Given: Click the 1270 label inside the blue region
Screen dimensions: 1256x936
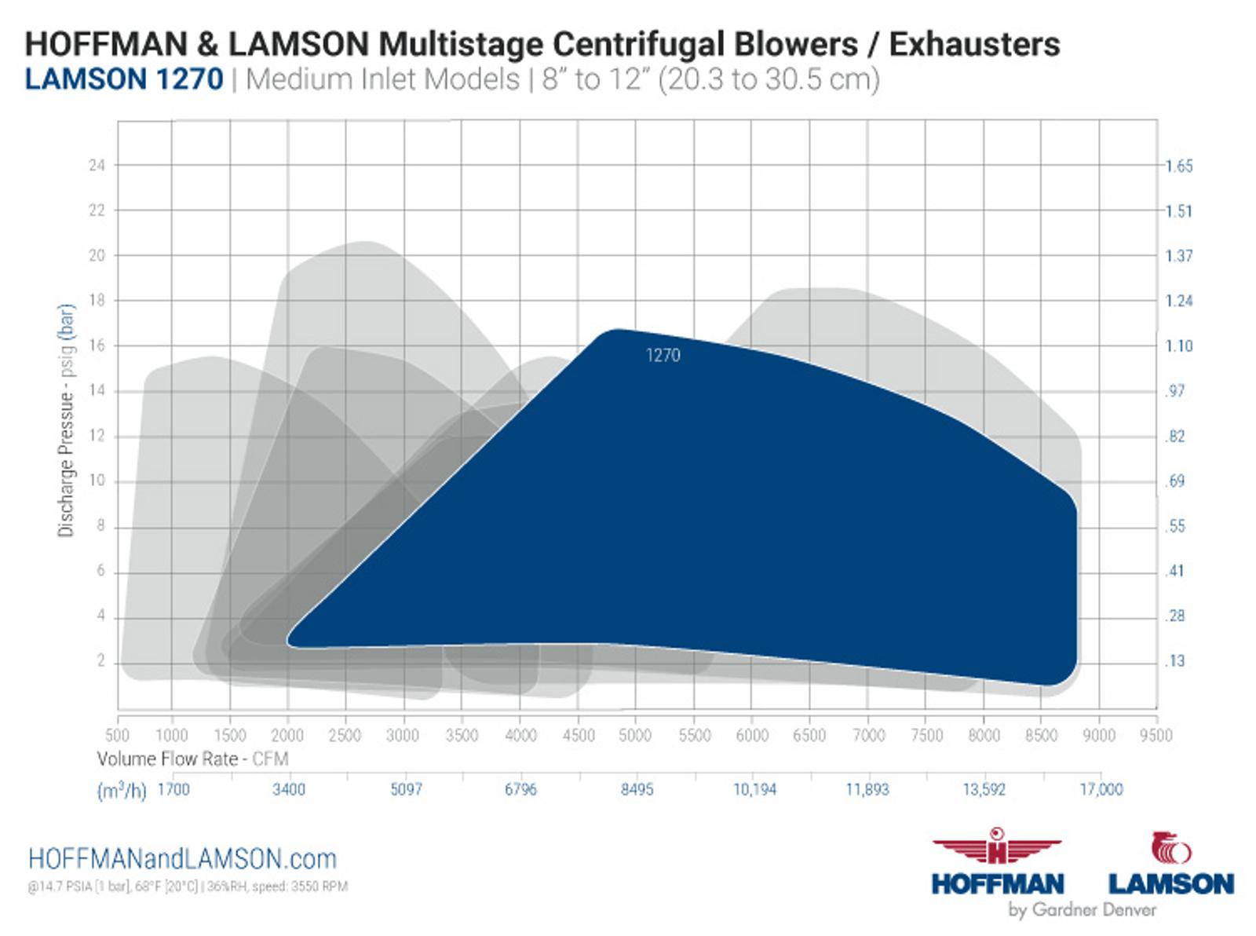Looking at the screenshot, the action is tap(663, 355).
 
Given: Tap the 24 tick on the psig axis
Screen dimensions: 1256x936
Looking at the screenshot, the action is tap(97, 166).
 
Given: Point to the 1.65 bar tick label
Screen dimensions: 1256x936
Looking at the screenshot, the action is tap(1179, 166).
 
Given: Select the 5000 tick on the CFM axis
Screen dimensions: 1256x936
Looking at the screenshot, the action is tap(635, 735).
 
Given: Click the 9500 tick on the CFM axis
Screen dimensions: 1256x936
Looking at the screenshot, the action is tap(1156, 735).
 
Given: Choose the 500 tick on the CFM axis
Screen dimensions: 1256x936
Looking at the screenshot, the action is tap(117, 735).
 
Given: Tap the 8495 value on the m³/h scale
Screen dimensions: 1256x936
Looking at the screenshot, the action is tap(637, 789).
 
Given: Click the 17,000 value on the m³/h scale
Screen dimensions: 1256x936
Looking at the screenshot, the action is tap(1101, 789).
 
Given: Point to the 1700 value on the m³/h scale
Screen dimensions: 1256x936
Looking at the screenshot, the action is tap(173, 789).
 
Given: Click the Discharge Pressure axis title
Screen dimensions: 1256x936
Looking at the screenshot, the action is tap(66, 421).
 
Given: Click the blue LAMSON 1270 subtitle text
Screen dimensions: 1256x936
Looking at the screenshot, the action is tap(124, 79).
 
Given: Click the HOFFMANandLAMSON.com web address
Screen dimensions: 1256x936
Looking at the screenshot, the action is tap(182, 860).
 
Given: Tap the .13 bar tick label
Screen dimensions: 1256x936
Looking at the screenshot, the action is tap(1175, 661).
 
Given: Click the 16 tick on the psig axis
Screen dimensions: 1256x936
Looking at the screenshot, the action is tap(97, 346).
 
